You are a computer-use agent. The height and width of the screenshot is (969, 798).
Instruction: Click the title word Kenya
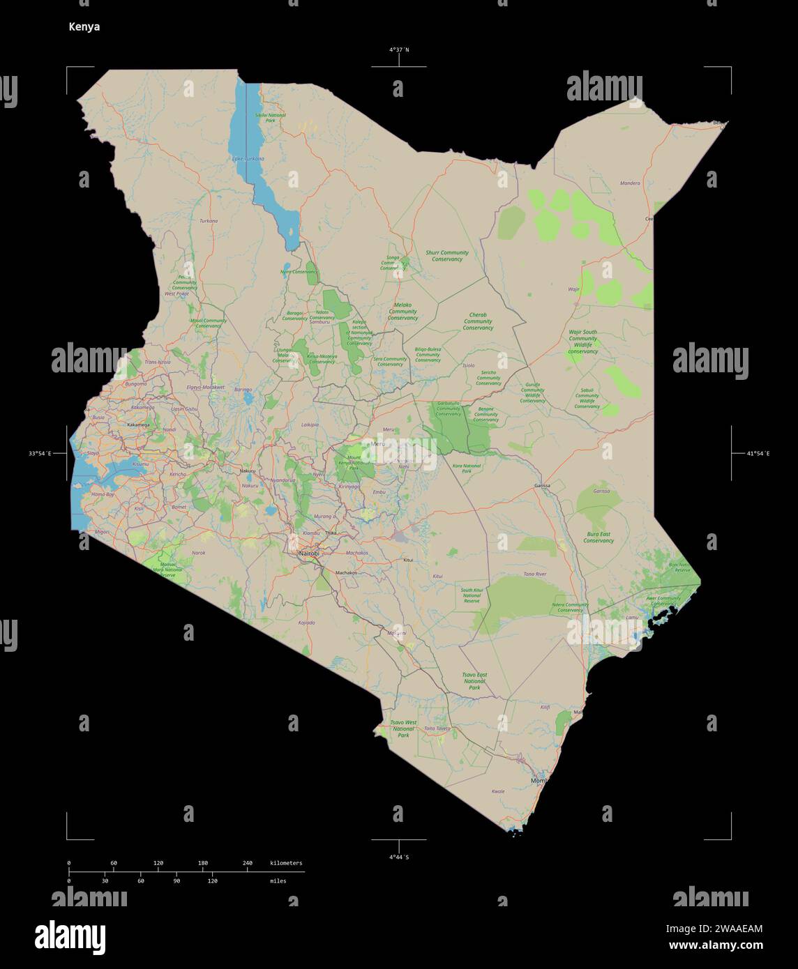point(84,27)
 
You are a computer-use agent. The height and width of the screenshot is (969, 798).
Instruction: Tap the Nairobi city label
point(308,554)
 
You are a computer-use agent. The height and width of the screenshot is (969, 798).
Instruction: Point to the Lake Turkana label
point(249,158)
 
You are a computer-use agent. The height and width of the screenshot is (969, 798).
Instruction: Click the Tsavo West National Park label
point(402,728)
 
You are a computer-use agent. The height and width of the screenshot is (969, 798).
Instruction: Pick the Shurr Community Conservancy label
point(447,256)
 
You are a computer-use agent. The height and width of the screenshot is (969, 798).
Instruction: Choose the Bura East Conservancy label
point(598,537)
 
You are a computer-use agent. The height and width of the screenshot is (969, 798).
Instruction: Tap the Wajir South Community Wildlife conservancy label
point(582,342)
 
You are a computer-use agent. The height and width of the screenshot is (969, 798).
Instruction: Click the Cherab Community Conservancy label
point(478,321)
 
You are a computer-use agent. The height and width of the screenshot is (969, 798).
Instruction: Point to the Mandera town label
point(630,183)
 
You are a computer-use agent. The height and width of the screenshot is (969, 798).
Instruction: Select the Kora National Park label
point(467,468)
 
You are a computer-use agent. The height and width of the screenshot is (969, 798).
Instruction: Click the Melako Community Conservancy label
point(402,311)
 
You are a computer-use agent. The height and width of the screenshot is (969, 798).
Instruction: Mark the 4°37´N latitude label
point(399,49)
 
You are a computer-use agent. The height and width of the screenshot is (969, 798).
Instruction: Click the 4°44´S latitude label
point(399,856)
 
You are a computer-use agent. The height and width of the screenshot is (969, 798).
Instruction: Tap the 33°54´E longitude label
point(40,454)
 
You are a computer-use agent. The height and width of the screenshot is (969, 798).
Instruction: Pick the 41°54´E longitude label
point(758,454)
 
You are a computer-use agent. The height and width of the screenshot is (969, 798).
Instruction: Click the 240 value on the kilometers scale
point(248,863)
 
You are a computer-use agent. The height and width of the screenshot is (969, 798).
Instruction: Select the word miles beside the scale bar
point(278,881)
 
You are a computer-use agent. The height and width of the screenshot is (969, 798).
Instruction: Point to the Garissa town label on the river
point(542,485)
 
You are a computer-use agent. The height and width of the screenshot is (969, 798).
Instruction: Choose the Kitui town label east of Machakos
point(408,560)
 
